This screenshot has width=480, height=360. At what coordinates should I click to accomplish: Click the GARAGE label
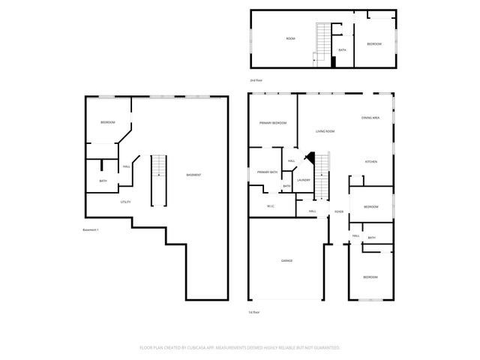tap(286, 260)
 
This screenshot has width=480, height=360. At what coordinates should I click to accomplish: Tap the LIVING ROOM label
tap(325, 131)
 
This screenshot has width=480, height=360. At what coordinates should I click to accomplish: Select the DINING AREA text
tap(370, 118)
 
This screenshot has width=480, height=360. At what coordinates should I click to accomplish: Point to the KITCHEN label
tap(370, 162)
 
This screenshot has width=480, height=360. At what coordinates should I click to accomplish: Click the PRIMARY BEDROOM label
tap(273, 122)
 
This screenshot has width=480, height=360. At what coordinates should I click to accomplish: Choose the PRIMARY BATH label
tap(268, 172)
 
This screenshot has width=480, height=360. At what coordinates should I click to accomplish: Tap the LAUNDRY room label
tap(304, 180)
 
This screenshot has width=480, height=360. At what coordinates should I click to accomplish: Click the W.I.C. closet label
tap(271, 206)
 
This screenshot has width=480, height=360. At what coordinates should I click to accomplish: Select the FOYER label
tap(339, 211)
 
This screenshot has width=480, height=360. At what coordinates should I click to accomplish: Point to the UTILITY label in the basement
tap(126, 202)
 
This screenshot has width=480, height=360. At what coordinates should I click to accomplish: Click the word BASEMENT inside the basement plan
tap(193, 175)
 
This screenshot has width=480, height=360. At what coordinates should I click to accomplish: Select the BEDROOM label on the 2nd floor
tap(373, 44)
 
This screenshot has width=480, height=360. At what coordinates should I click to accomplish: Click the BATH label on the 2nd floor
tap(342, 50)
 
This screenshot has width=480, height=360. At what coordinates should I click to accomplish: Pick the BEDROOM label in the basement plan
tap(107, 122)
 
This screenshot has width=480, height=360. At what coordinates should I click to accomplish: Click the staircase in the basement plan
tap(157, 180)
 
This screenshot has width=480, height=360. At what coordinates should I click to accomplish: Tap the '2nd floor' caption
tap(256, 79)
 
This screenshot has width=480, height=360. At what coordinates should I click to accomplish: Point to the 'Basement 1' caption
tap(91, 229)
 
